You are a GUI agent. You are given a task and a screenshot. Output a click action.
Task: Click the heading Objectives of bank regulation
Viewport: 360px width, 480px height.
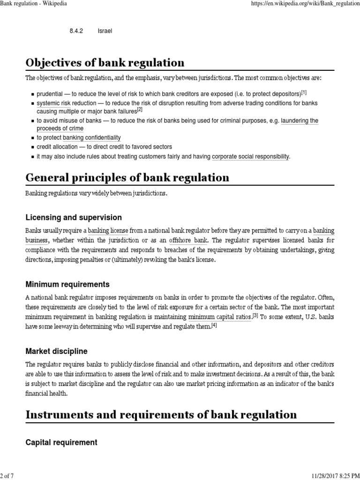(x=105, y=63)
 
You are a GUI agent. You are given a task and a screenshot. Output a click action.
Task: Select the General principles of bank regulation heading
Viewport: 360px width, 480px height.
(x=127, y=178)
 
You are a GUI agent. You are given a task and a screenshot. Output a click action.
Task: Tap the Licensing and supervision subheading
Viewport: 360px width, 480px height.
(x=74, y=217)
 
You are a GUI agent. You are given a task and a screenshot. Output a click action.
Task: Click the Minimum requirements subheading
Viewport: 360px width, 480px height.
(x=67, y=284)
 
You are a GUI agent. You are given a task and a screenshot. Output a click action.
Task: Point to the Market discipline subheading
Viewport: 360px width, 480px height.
(x=56, y=351)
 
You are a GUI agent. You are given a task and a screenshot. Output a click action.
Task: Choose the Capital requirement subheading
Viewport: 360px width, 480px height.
(x=61, y=442)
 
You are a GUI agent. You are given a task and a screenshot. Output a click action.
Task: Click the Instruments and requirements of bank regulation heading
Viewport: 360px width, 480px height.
(x=161, y=414)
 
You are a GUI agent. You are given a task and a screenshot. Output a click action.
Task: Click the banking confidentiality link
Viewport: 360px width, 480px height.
(x=92, y=138)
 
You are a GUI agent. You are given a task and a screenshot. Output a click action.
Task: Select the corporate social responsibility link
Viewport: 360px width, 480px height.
(x=250, y=156)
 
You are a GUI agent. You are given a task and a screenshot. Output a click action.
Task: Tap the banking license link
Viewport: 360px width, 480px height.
(x=108, y=231)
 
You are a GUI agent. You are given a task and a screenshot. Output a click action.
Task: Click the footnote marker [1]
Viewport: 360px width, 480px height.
(x=304, y=92)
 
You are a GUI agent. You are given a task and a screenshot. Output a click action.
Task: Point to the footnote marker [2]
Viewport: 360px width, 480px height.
(x=139, y=110)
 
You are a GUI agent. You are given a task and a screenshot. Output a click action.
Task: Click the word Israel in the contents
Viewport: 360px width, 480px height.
(x=105, y=31)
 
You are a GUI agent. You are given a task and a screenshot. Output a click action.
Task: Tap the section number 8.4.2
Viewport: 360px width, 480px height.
(x=76, y=31)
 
